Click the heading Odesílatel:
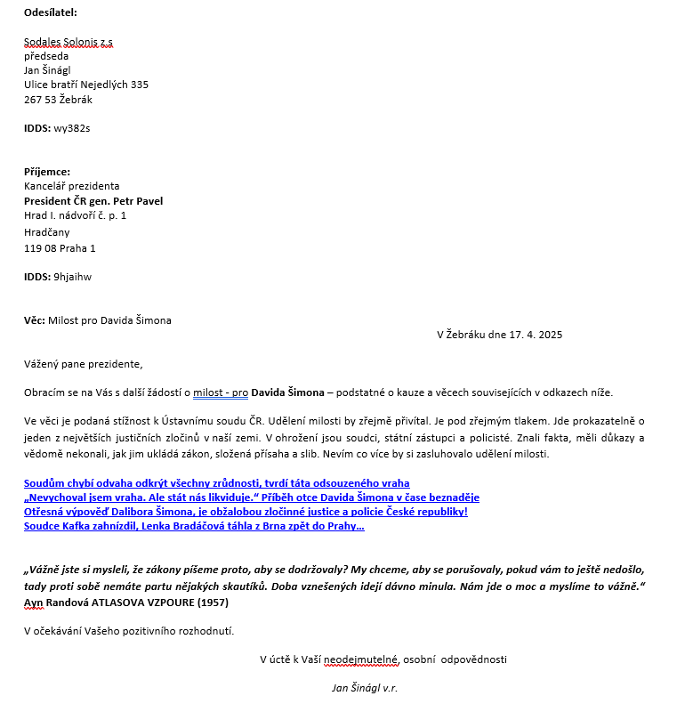[x=51, y=12]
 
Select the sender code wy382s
[x=73, y=128]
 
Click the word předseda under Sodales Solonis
[x=46, y=56]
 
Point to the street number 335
[x=140, y=85]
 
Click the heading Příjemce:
[x=47, y=172]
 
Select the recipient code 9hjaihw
[x=73, y=277]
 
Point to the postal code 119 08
[x=39, y=248]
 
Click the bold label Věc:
[x=34, y=320]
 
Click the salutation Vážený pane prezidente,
[x=84, y=363]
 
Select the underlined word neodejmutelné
[x=361, y=659]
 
